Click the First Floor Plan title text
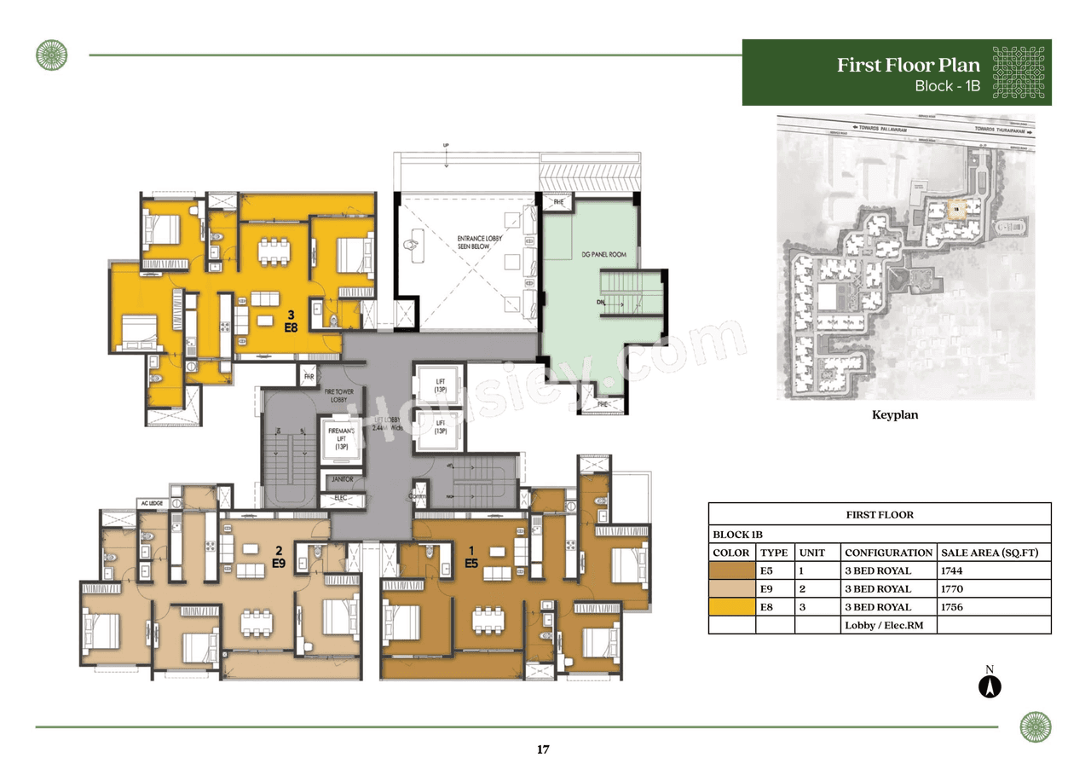pos(908,66)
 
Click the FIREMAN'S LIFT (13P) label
pos(341,440)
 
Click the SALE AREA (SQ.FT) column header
pos(992,553)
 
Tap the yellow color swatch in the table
pos(731,607)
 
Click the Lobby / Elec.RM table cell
pos(876,625)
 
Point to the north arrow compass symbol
pos(990,686)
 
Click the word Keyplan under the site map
pos(894,416)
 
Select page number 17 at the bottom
pos(543,749)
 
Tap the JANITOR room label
pos(341,480)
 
